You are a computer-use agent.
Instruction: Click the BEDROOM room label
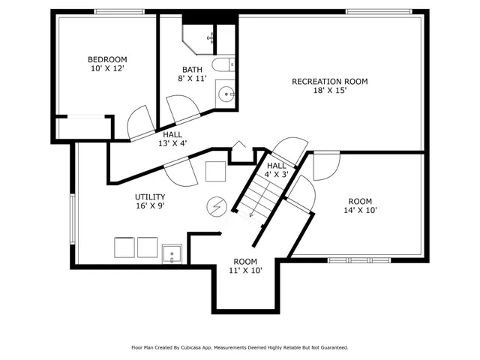(x=107, y=60)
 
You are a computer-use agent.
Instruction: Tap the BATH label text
(x=191, y=70)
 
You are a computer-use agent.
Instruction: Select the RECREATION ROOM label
(x=329, y=81)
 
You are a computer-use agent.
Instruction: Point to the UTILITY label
(x=150, y=196)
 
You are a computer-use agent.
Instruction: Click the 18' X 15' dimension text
(x=329, y=91)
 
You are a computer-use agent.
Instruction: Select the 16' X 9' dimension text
(x=150, y=206)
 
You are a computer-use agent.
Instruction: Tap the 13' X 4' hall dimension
(x=172, y=144)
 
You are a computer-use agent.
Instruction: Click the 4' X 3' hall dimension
(x=277, y=175)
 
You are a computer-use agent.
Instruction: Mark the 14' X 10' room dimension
(x=360, y=211)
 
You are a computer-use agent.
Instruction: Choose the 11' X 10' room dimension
(x=245, y=271)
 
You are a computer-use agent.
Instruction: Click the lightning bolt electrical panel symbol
(x=216, y=205)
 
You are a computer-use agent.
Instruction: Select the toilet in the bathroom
(x=223, y=65)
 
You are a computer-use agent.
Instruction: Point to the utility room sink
(x=173, y=254)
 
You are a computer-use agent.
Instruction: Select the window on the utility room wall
(x=73, y=218)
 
